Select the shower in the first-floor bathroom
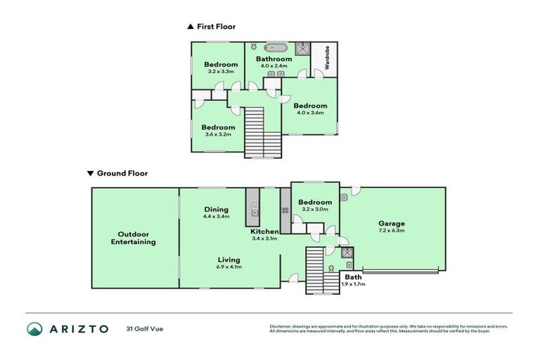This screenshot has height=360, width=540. pos(302,48)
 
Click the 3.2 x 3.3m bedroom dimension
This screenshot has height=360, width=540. pos(220,71)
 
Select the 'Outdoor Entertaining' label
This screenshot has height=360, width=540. pos(134,238)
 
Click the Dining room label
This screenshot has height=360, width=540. pos(216,209)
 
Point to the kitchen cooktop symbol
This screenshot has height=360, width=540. pos(285,210)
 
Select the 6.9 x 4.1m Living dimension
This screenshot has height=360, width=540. pos(229,266)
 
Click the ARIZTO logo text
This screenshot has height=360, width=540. pos(77,328)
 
